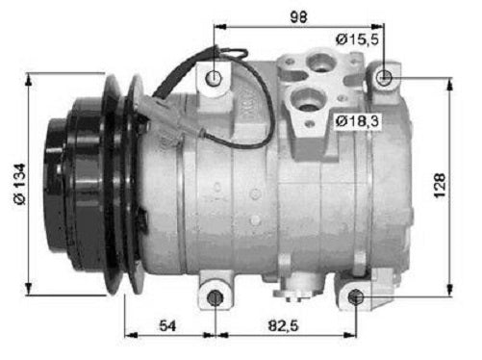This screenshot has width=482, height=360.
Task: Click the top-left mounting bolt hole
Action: click(214, 77)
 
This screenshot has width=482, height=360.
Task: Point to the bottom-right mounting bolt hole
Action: click(357, 296)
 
